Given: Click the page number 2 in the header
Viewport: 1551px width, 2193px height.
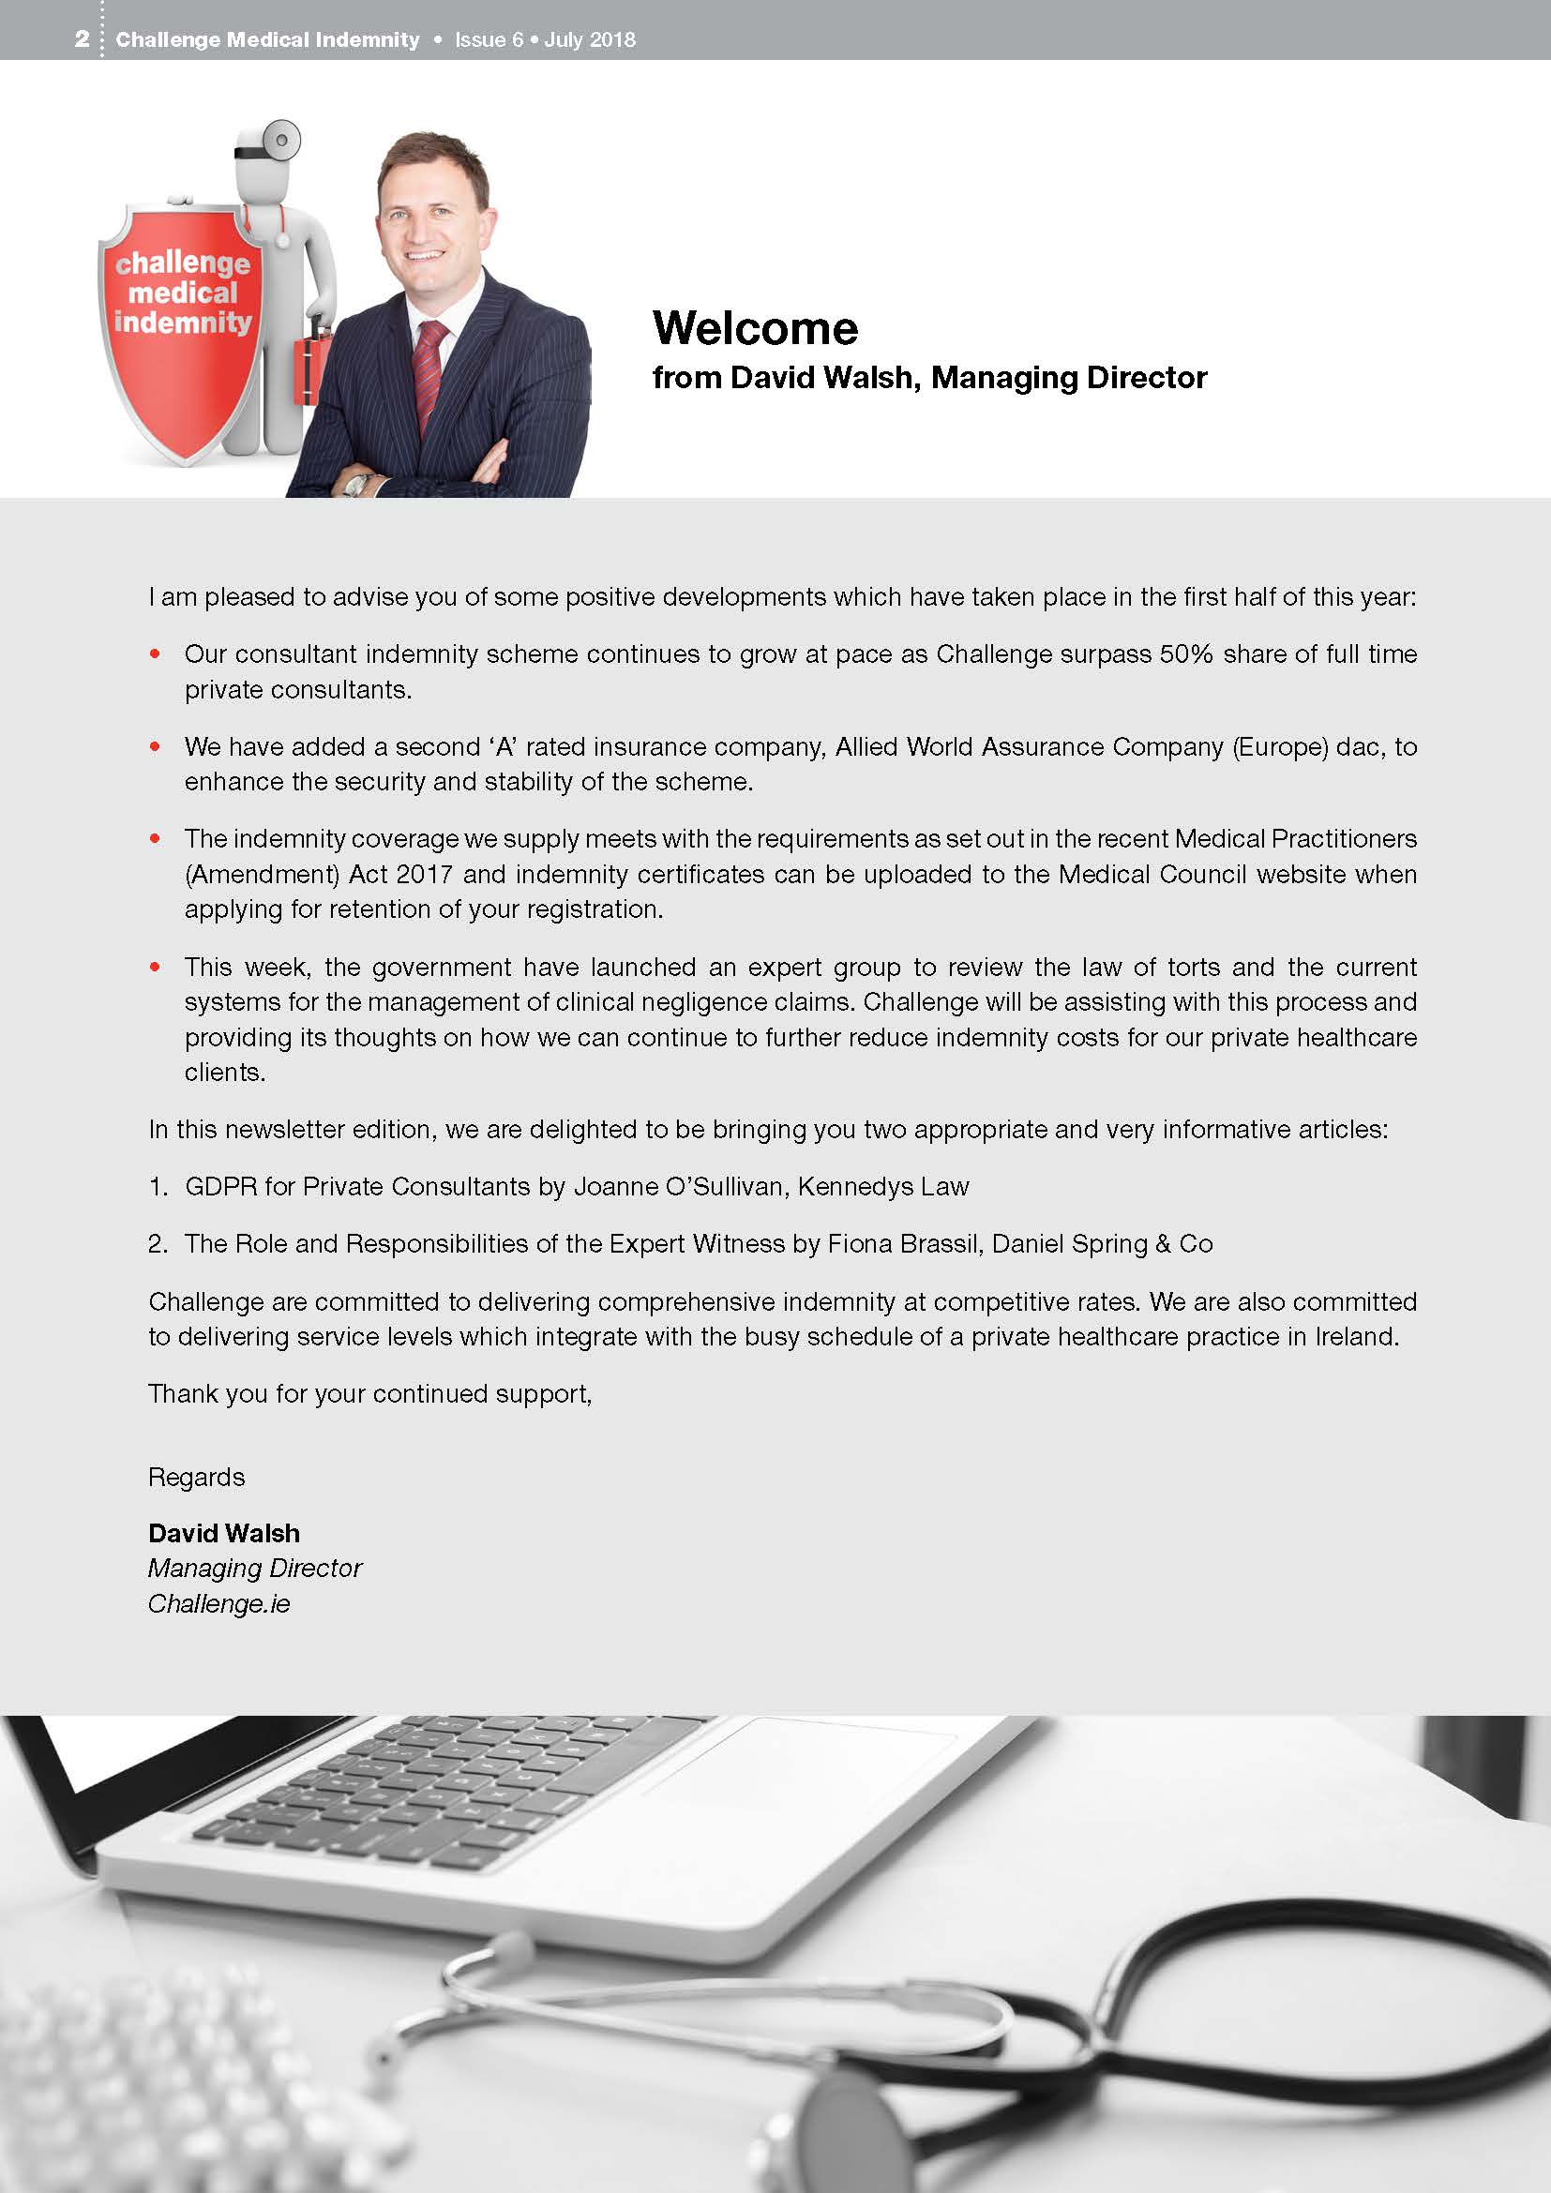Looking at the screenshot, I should click(x=83, y=39).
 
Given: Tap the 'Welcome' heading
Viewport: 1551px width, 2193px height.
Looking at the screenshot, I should click(x=755, y=328).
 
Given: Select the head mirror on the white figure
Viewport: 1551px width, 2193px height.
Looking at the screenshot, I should click(x=280, y=141).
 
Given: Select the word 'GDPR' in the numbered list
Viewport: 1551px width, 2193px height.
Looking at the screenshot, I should click(x=220, y=1186).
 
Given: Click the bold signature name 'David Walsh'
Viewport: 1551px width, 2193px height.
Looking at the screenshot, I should click(x=223, y=1533).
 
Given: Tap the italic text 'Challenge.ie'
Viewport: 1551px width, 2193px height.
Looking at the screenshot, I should click(x=218, y=1603).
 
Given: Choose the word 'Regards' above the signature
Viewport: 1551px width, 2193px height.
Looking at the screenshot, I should click(x=196, y=1477).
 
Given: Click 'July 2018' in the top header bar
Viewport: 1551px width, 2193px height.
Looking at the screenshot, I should click(x=589, y=39).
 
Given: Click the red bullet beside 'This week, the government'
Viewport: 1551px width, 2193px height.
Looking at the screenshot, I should click(x=155, y=967).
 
